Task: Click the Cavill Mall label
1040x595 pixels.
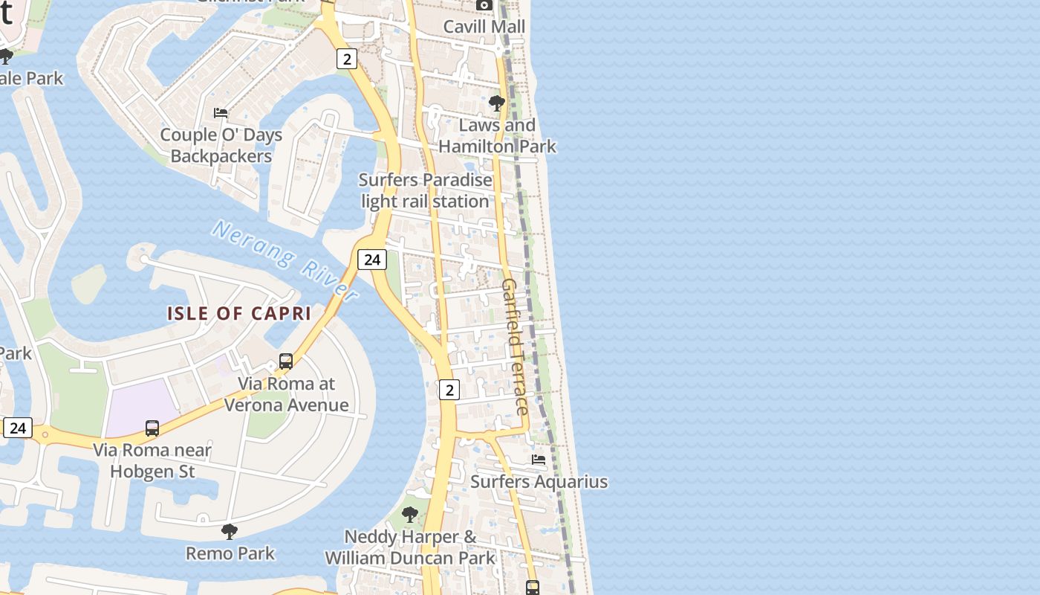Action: coord(484,27)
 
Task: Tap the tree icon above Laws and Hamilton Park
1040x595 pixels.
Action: coord(496,103)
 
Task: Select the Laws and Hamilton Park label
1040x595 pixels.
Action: coord(497,135)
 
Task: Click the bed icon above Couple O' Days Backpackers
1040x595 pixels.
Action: coord(221,113)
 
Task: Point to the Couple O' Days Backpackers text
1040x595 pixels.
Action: coord(221,146)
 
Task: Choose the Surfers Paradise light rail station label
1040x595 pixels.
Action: coord(425,190)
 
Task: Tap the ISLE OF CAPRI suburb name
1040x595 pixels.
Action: coord(239,313)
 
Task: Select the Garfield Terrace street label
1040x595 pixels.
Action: coord(516,347)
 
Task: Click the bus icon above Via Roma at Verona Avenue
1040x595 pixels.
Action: coord(286,361)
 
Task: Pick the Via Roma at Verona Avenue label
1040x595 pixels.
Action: coord(286,394)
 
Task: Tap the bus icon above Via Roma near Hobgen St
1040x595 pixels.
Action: coord(152,428)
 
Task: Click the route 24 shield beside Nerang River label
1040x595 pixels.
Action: coord(372,259)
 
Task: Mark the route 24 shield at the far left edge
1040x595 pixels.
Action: coord(18,428)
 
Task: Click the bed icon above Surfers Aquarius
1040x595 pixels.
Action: coord(539,460)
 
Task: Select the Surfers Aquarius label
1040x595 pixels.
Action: coord(539,482)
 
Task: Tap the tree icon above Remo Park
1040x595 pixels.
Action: coord(230,531)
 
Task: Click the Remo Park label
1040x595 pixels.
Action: coord(230,553)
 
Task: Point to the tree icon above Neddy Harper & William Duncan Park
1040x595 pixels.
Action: coord(409,514)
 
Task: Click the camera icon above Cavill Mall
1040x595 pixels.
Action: coord(484,5)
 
